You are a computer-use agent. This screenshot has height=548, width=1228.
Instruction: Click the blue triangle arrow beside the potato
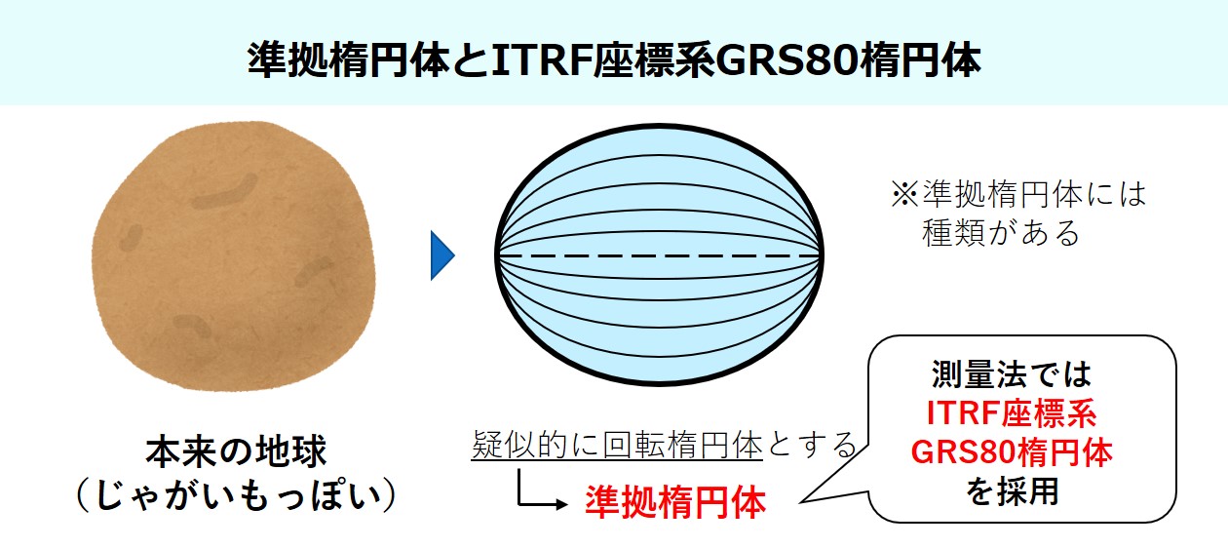tap(442, 256)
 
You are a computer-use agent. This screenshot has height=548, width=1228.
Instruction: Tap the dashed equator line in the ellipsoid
tap(659, 255)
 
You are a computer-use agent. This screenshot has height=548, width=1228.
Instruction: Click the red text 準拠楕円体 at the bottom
tap(675, 502)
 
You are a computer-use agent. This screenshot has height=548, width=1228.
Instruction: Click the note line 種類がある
tap(1001, 234)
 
